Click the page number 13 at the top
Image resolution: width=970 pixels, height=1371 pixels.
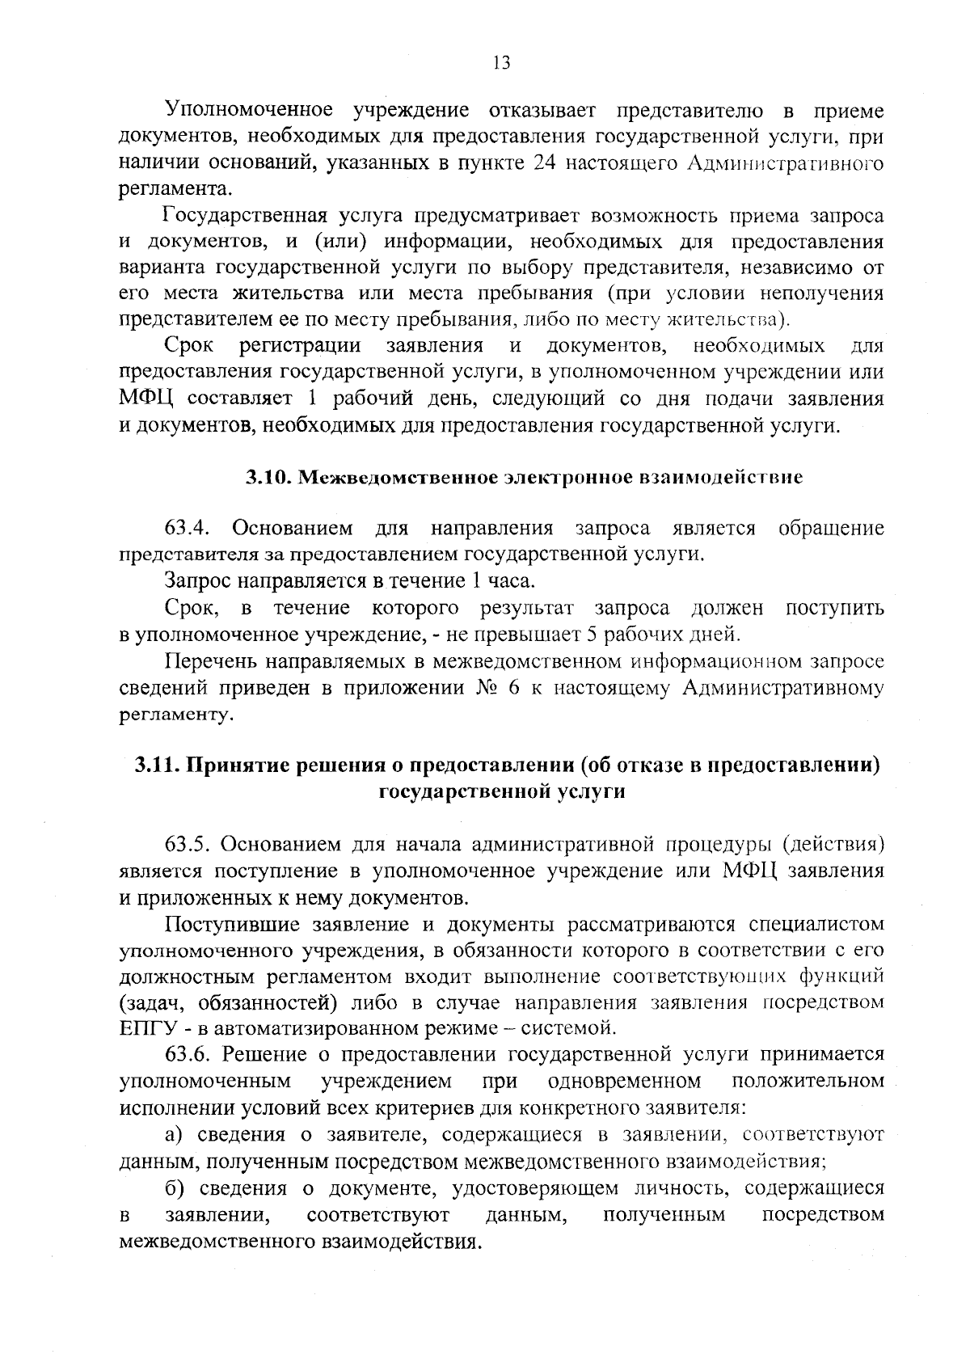[x=501, y=63]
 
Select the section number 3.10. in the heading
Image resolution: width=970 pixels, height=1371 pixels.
[x=268, y=478]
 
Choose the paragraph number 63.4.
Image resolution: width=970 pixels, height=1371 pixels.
[x=188, y=529]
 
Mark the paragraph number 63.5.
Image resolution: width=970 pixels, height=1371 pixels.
[x=188, y=845]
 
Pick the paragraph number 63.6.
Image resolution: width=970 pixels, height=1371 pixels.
[x=188, y=1055]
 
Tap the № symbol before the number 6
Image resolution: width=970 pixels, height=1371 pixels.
[x=468, y=688]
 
